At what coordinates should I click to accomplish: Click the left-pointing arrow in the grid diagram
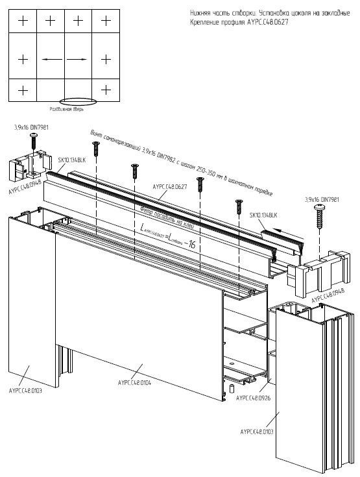click(x=51, y=59)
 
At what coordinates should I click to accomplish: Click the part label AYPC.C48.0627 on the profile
click(x=169, y=186)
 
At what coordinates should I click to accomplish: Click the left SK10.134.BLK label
click(x=71, y=160)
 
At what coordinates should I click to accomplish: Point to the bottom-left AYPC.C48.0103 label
click(x=27, y=391)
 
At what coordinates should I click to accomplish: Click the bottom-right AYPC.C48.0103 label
click(x=258, y=431)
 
